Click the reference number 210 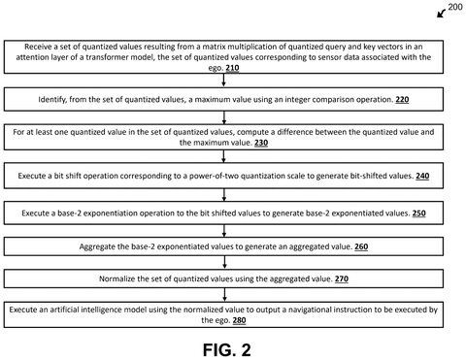coord(232,68)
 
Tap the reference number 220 coord(402,99)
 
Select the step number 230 coord(261,143)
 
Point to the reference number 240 coord(422,176)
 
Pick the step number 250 coord(418,213)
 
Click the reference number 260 coord(361,246)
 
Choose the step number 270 coord(342,278)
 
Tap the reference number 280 coord(239,320)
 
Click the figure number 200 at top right coord(455,7)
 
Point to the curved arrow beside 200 coord(441,14)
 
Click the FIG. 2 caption coord(226,350)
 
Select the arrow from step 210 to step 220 coord(223,80)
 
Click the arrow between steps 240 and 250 coord(224,195)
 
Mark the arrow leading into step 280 coord(224,295)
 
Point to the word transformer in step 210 coord(106,57)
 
